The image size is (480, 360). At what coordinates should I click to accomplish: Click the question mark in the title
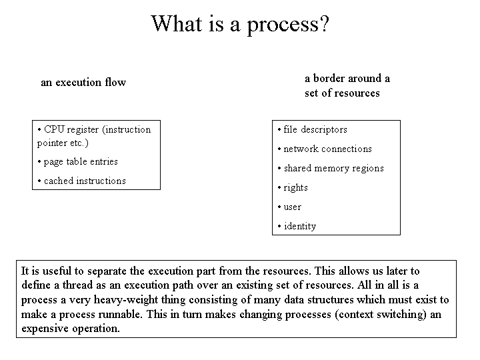324,23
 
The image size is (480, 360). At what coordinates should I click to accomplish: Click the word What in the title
177,23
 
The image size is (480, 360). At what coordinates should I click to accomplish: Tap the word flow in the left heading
115,82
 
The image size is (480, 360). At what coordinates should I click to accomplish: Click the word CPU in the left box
54,129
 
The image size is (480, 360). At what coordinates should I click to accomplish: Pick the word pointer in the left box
49,143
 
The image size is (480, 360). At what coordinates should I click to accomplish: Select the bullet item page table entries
78,161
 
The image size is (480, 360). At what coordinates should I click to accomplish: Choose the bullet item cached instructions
82,181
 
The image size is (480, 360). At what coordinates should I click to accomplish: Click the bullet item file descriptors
313,130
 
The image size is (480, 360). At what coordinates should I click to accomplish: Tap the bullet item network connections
325,149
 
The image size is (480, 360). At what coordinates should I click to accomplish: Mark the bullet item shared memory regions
331,169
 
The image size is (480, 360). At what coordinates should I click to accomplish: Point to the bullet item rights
293,187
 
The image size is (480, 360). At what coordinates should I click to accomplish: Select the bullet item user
289,207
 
